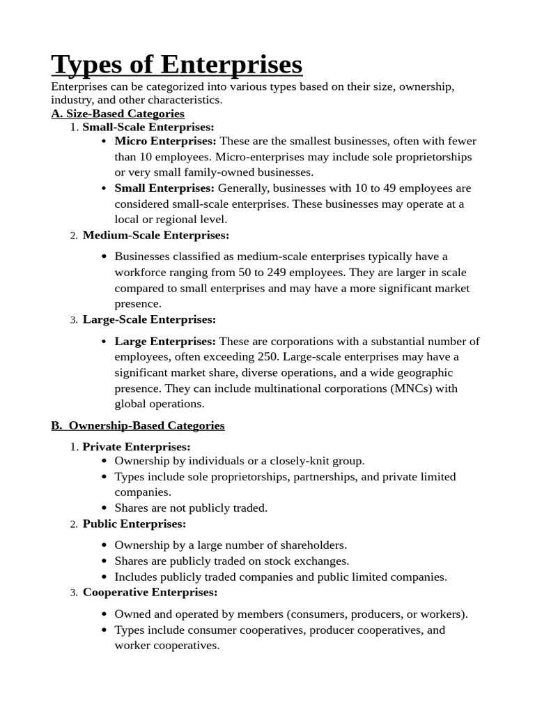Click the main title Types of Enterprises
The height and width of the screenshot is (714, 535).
[x=177, y=65]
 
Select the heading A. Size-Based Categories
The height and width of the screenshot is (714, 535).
[x=118, y=113]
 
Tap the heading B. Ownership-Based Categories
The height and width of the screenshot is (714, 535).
[x=138, y=425]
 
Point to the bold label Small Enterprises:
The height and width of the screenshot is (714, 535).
[x=164, y=188]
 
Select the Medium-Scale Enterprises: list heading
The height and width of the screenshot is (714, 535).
[x=155, y=236]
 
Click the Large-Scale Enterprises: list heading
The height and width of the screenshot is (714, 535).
[x=149, y=319]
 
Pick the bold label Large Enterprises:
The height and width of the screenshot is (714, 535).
[x=165, y=341]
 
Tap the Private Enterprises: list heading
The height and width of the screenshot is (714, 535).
[x=137, y=446]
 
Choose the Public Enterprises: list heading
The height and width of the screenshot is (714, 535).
[x=134, y=524]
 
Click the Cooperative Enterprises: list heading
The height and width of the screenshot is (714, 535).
[x=150, y=592]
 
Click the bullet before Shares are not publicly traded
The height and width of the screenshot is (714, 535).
[x=104, y=508]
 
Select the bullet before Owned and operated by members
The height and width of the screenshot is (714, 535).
[x=104, y=614]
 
